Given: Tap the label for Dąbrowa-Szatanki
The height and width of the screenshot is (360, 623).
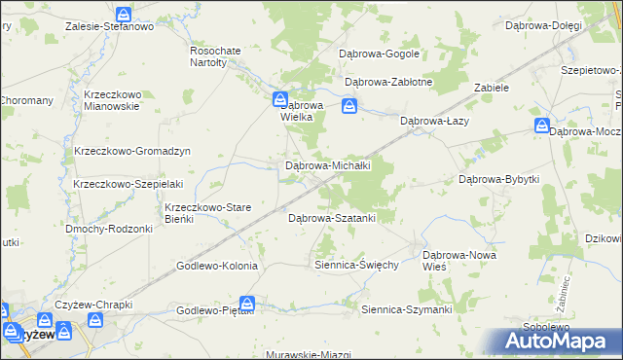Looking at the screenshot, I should (332, 218).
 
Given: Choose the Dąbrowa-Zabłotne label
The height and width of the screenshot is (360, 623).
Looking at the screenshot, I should (388, 83).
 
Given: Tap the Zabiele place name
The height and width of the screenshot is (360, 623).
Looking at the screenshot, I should (492, 87).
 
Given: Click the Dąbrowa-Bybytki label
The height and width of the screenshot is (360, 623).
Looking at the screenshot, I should (498, 179).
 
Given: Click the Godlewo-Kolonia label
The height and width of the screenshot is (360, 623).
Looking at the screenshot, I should (216, 266).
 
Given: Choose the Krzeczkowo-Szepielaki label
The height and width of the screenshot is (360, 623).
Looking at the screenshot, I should (128, 184).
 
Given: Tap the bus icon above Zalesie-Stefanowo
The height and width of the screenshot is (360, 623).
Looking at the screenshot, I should (124, 15).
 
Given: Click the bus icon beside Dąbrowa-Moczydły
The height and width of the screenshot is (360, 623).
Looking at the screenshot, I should (542, 126).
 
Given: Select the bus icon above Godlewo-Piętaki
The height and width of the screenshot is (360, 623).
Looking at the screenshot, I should (248, 304).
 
